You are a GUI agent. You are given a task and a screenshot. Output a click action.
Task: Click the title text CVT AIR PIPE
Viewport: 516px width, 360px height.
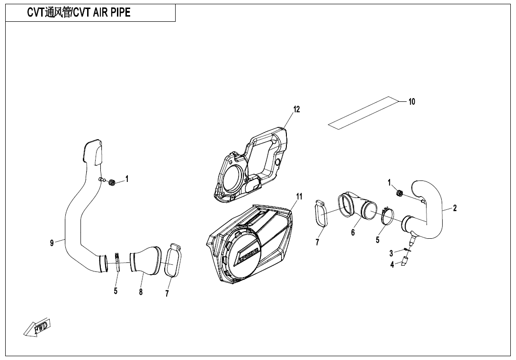click(x=79, y=13)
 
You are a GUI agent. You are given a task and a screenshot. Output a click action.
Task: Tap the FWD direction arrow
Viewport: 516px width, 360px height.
click(x=37, y=327)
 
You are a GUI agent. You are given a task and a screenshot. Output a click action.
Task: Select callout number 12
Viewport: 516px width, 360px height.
click(x=296, y=109)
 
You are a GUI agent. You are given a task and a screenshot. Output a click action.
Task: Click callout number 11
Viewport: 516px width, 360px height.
click(x=299, y=196)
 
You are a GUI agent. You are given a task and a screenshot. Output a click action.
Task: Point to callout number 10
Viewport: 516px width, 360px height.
click(x=411, y=101)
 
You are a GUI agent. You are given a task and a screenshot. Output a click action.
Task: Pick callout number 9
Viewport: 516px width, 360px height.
click(x=52, y=243)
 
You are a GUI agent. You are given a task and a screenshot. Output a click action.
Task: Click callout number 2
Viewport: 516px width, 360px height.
click(x=454, y=208)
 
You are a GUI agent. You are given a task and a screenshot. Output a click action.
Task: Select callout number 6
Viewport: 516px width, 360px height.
click(x=353, y=233)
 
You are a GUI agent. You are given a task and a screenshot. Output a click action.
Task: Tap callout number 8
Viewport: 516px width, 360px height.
click(x=141, y=292)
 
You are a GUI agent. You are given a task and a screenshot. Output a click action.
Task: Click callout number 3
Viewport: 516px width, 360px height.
click(x=391, y=253)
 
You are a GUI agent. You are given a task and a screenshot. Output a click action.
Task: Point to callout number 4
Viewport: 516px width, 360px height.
click(x=392, y=265)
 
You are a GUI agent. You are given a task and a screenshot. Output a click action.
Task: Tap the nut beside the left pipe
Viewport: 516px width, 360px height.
click(x=112, y=182)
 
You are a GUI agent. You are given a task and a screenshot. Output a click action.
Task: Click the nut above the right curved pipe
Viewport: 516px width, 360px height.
click(x=399, y=193)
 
